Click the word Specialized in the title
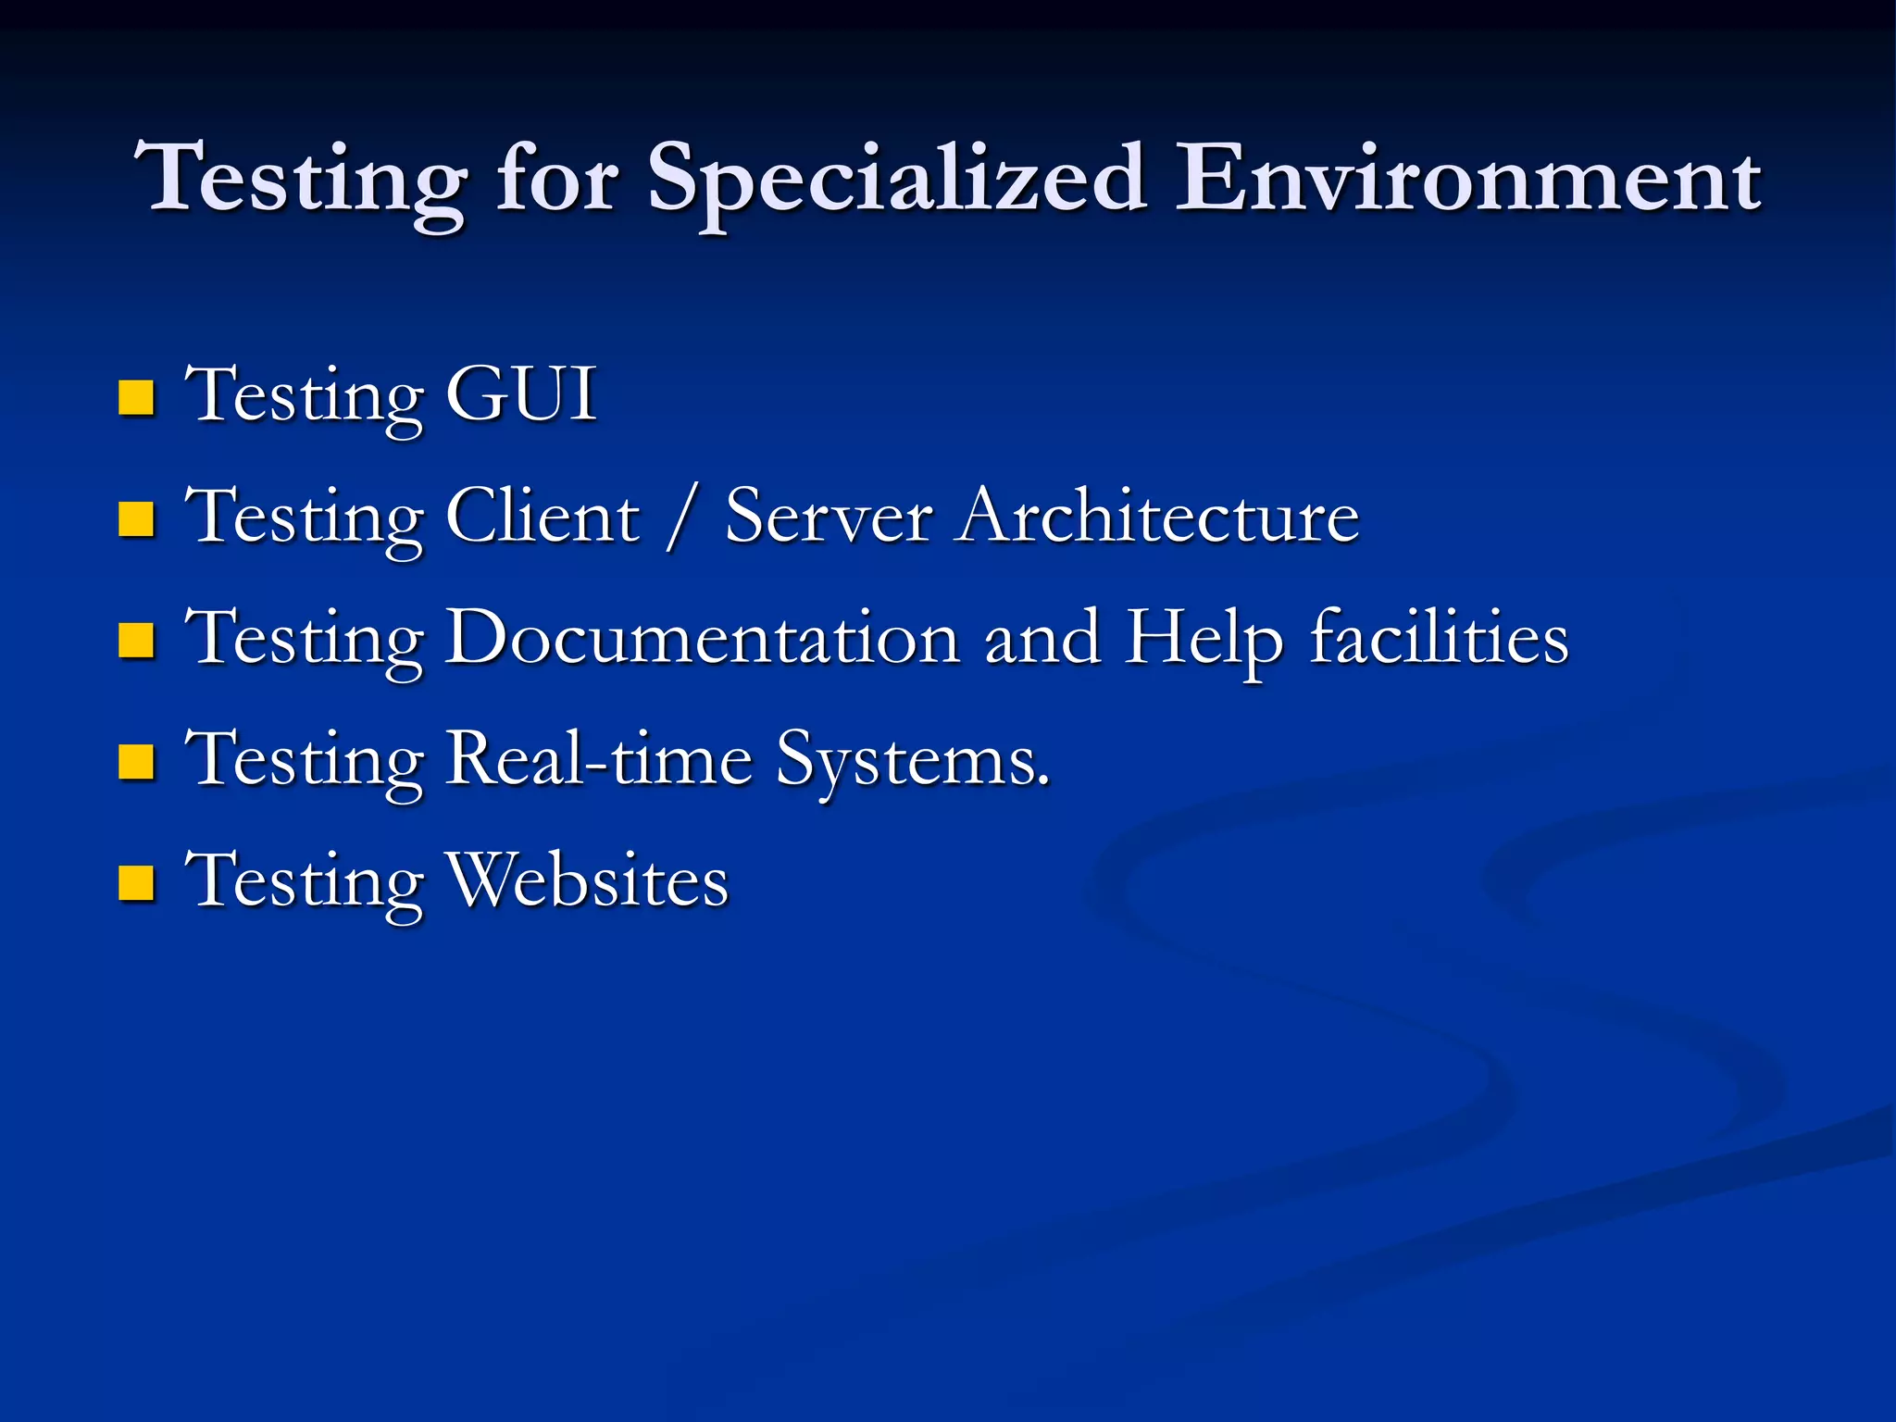tap(896, 181)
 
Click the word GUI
tap(521, 394)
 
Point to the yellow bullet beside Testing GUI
tap(136, 398)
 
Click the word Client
tap(543, 516)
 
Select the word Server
tap(829, 516)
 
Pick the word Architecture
tap(1158, 516)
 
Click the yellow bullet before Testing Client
tap(136, 519)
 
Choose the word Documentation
tap(703, 637)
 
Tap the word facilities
tap(1440, 637)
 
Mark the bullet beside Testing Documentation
tap(136, 641)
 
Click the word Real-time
tap(599, 758)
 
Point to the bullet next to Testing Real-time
tap(136, 762)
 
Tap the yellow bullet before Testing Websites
tap(136, 883)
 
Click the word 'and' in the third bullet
tap(1042, 637)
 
